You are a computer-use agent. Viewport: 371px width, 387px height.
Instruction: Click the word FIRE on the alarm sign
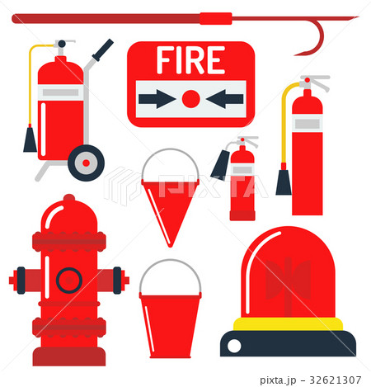coord(190,60)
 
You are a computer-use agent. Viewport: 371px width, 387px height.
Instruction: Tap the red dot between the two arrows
coord(190,99)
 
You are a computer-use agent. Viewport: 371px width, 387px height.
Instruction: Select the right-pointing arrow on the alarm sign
coord(157,99)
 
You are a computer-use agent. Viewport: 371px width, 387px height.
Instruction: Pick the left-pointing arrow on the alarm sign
coord(225,99)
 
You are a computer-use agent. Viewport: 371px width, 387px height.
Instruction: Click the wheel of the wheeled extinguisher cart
coord(86,163)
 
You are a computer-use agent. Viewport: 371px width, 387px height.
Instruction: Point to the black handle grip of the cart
coord(103,50)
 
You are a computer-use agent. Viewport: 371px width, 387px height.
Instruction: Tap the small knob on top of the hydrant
coord(69,197)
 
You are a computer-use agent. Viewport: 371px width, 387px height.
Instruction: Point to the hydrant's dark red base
coord(69,356)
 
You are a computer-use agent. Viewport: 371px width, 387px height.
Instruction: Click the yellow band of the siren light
coord(288,324)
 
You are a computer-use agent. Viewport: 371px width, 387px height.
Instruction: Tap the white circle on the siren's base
coord(234,346)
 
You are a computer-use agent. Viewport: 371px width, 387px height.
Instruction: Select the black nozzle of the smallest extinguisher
coord(220,165)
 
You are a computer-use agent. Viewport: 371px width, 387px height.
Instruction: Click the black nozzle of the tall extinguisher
coord(284,182)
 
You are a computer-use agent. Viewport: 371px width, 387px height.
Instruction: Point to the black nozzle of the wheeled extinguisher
coord(30,140)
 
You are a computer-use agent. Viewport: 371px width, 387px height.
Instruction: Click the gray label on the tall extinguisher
coord(308,124)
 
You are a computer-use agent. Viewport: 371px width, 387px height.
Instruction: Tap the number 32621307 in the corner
coord(335,380)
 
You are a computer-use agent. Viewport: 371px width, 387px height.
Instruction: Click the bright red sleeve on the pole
coord(216,18)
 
